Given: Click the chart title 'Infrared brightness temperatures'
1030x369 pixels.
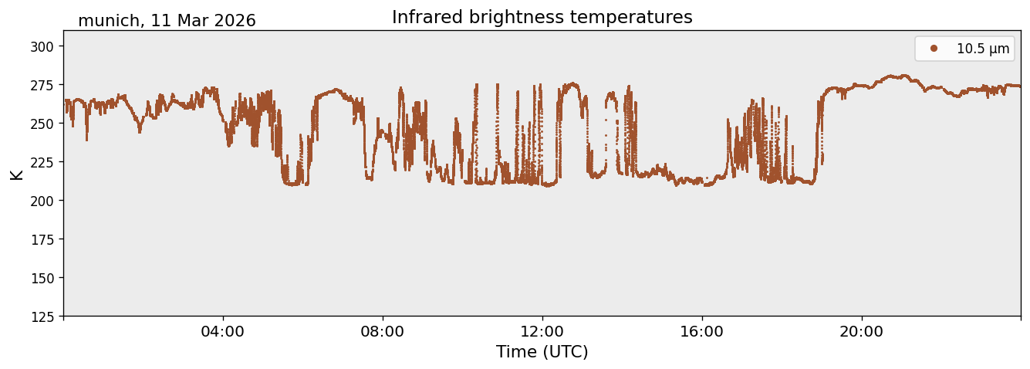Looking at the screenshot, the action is coord(542,17).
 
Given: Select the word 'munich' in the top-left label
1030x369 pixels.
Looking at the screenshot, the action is coord(109,21).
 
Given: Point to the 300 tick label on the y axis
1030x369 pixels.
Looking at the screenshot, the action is coord(42,46).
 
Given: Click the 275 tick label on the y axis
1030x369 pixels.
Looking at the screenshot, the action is coord(42,85).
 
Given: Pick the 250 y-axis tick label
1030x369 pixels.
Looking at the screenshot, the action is coord(42,124).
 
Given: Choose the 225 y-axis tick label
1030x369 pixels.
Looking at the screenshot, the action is coord(42,162).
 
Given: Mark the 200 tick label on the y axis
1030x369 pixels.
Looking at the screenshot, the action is coord(42,201).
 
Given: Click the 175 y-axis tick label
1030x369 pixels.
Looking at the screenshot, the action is coord(42,240).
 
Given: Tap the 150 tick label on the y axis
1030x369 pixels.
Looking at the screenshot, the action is coord(42,279).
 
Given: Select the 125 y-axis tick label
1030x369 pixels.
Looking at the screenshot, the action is coord(42,317).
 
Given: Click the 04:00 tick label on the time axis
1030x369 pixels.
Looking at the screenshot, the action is coord(223,332).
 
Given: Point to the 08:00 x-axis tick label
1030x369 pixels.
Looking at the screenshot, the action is coord(383,332).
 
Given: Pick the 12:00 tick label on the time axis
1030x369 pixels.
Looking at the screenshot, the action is coord(542,332).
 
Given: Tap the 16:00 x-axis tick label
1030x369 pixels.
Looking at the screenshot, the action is coord(701,332).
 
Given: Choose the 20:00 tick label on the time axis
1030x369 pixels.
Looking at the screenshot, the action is coord(861,332).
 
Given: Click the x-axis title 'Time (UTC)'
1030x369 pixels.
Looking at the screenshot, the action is coord(542,352).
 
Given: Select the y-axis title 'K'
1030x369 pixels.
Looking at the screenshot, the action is coord(16,175).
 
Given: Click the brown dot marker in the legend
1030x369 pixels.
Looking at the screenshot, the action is coord(934,49).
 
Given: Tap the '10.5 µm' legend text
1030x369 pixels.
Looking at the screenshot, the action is coord(983,49).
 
